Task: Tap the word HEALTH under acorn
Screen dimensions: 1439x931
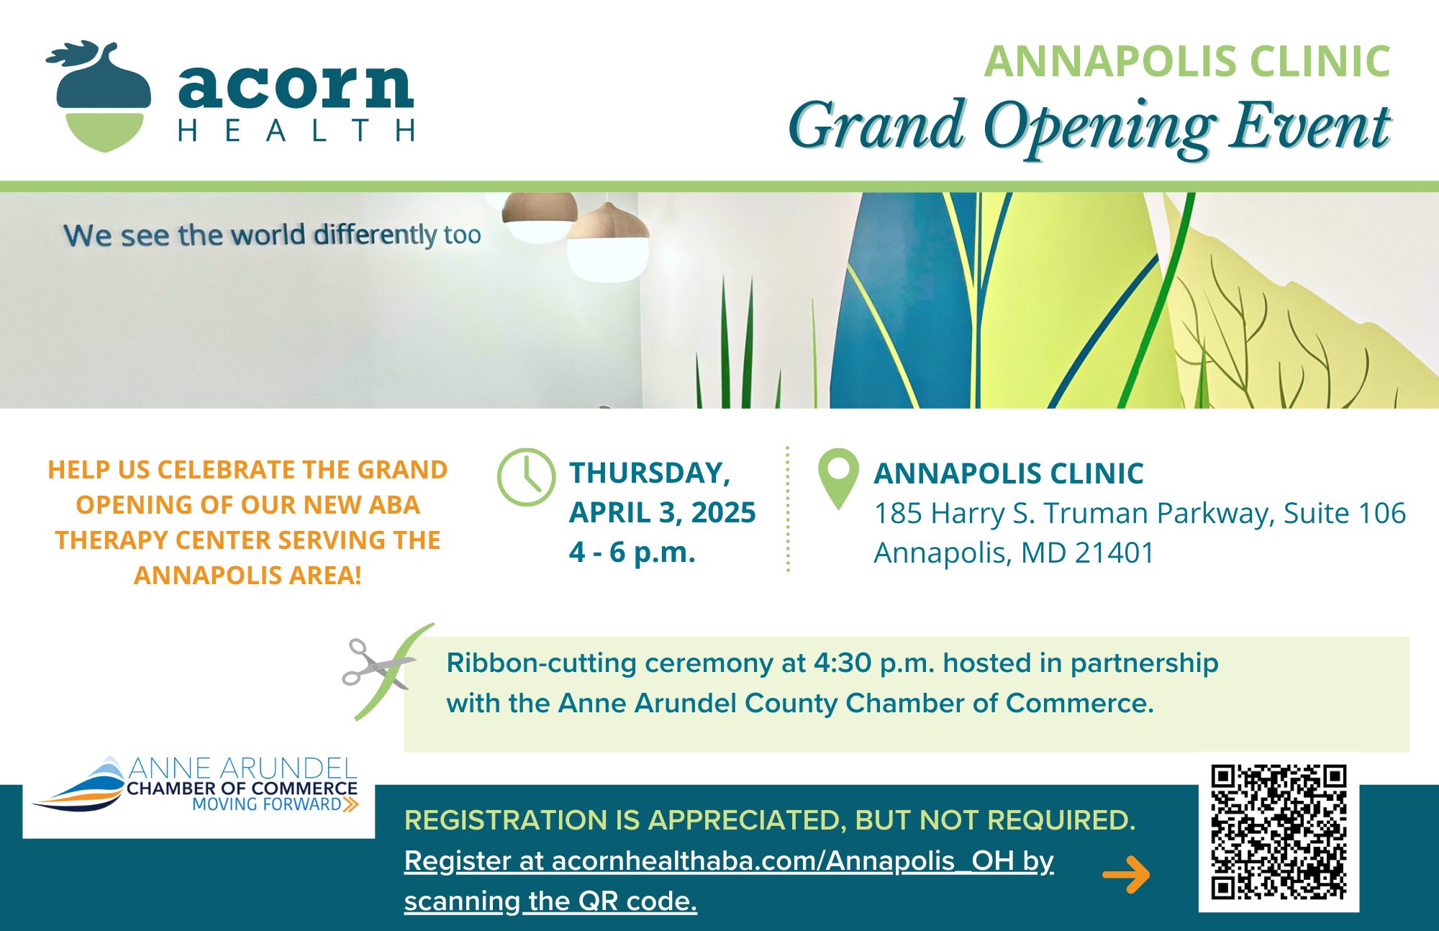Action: point(296,131)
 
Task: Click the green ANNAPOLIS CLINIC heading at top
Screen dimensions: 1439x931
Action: point(1187,61)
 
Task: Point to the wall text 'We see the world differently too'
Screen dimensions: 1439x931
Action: point(272,235)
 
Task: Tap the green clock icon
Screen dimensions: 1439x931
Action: point(527,478)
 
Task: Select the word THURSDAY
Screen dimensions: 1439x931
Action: point(650,473)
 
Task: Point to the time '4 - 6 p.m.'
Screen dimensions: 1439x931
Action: point(632,552)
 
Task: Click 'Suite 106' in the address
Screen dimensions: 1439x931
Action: point(1345,513)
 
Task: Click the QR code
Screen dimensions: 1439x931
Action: point(1279,832)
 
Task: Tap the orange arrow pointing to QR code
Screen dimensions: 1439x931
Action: point(1126,874)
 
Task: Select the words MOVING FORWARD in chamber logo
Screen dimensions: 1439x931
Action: point(267,804)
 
